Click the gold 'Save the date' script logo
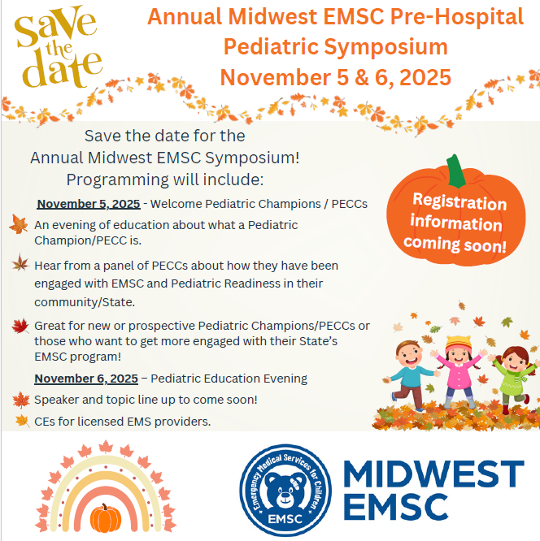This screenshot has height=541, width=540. [x=58, y=46]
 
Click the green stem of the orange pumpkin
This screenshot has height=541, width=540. [x=455, y=171]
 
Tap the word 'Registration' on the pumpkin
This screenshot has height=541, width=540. [x=459, y=201]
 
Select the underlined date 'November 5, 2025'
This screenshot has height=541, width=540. [x=89, y=204]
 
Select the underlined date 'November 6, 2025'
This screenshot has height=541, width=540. [x=86, y=379]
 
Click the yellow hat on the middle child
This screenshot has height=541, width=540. [x=459, y=344]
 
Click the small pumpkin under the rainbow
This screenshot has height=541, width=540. [x=106, y=518]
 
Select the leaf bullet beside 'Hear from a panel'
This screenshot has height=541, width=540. [x=20, y=262]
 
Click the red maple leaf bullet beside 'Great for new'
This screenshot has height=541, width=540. [x=20, y=326]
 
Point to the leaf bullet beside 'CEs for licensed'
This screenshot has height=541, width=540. [x=23, y=421]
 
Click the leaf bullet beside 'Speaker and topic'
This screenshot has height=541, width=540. [x=21, y=400]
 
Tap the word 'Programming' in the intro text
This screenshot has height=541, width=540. [x=117, y=180]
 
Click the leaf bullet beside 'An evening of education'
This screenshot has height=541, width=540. [x=19, y=224]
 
